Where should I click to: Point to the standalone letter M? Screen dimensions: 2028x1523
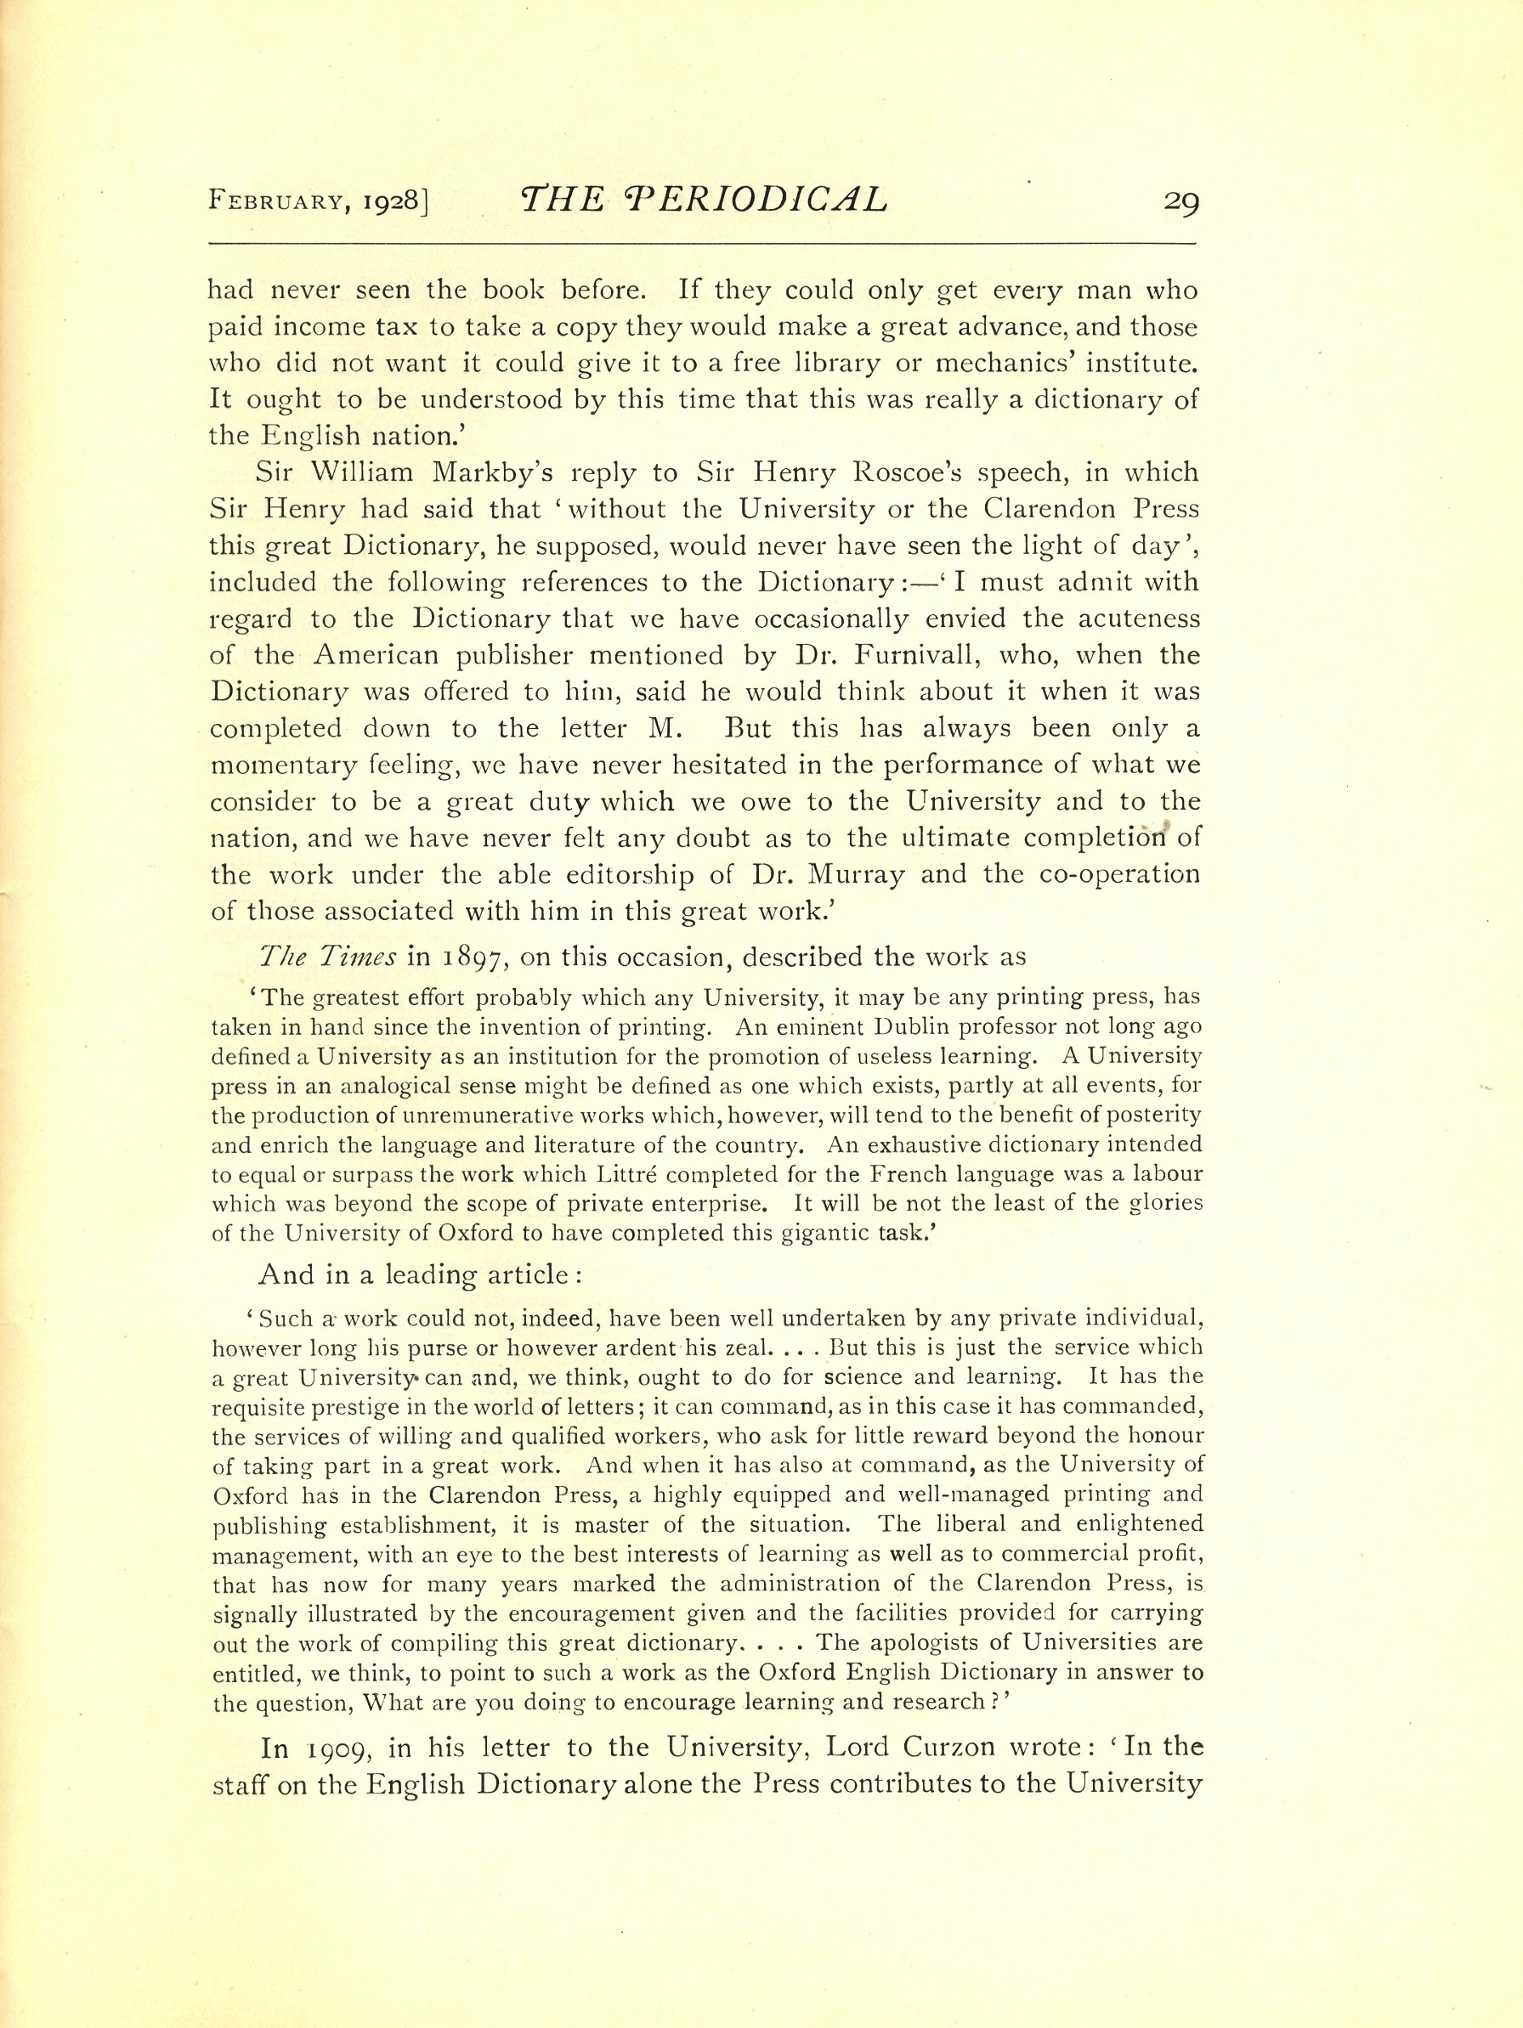(x=661, y=729)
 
